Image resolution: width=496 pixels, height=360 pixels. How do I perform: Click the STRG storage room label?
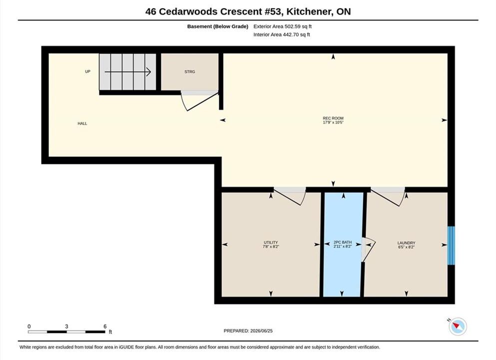point(190,72)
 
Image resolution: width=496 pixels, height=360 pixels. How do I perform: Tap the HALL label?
point(82,123)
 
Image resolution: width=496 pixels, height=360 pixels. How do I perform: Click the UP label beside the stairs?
point(87,71)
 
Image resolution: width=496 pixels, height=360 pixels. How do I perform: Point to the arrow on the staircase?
point(128,72)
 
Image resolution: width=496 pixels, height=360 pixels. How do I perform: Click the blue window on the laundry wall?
point(451,245)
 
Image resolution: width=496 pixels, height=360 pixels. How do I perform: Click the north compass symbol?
point(458,326)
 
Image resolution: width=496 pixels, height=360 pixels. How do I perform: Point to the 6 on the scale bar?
point(105,326)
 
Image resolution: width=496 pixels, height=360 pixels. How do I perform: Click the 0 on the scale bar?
point(29,326)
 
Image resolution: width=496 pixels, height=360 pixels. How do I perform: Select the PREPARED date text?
point(248,331)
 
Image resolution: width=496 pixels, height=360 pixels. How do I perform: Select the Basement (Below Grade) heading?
point(218,26)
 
